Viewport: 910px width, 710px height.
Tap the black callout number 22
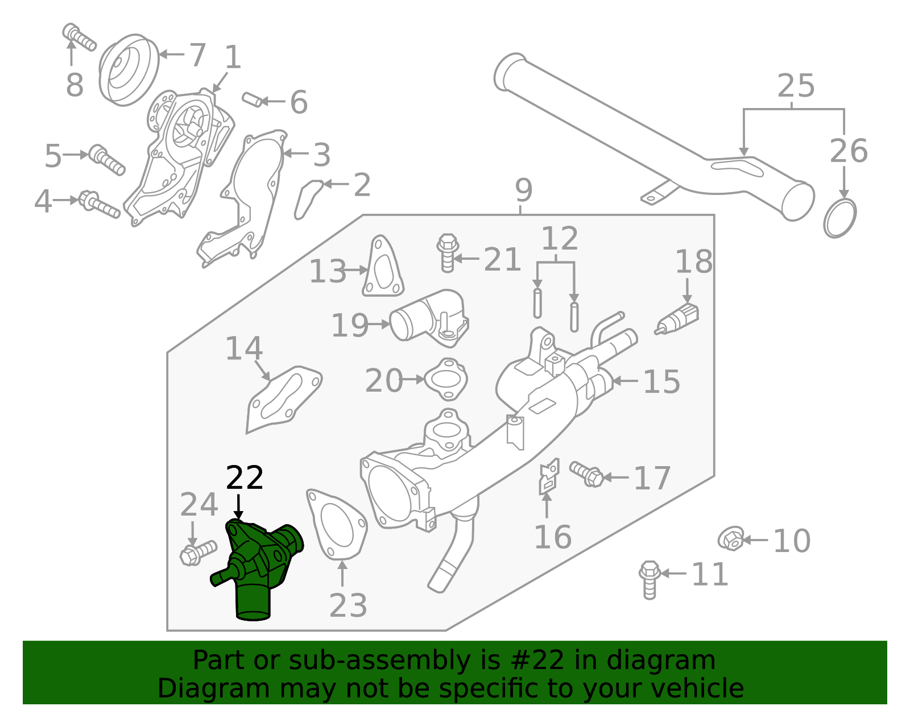point(245,478)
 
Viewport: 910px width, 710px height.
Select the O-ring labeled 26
point(839,218)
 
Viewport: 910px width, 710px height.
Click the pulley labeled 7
point(129,69)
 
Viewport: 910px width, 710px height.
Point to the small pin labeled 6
point(252,99)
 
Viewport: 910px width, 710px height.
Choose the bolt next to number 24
point(197,552)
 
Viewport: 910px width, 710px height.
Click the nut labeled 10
point(731,538)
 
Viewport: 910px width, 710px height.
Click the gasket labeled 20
point(446,379)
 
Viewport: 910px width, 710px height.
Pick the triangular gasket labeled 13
point(383,268)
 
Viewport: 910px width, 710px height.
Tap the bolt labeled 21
point(448,252)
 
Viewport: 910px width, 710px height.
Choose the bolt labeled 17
point(588,474)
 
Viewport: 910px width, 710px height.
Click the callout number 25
point(796,86)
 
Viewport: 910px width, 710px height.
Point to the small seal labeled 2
point(308,199)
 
